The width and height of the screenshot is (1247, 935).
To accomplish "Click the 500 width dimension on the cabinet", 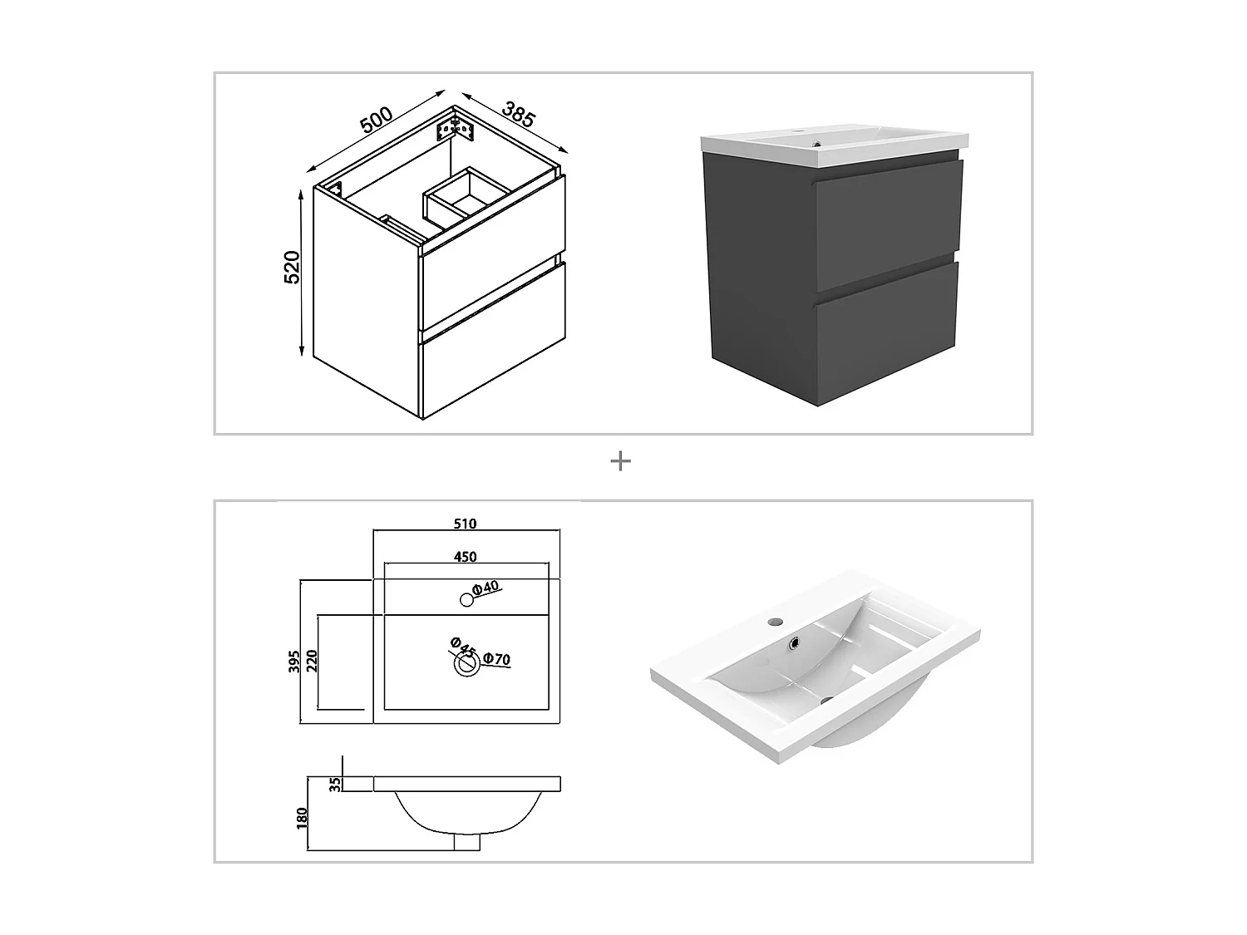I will click(376, 120).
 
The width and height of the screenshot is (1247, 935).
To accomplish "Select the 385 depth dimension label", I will click(517, 113).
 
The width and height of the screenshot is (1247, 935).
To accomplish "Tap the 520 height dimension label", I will click(292, 267).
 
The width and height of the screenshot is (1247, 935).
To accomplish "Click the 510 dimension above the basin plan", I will click(466, 524).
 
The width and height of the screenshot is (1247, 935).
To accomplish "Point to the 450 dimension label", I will click(466, 557).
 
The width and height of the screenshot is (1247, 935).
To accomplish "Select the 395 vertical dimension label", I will click(294, 662).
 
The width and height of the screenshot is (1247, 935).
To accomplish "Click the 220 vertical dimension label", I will click(313, 662).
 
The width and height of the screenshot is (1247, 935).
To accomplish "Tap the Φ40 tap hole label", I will click(485, 588).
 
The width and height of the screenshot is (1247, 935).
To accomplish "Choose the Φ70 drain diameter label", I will click(496, 659).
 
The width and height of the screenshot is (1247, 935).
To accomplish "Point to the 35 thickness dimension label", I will click(335, 784).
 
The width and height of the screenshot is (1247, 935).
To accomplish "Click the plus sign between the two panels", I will click(620, 461).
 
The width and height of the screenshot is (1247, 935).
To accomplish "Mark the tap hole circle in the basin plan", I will click(466, 598).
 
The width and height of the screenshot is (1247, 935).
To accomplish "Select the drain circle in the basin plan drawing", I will click(466, 663).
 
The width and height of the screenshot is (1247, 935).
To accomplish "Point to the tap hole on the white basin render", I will click(775, 621).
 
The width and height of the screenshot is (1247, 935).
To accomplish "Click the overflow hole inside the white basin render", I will click(795, 642).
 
